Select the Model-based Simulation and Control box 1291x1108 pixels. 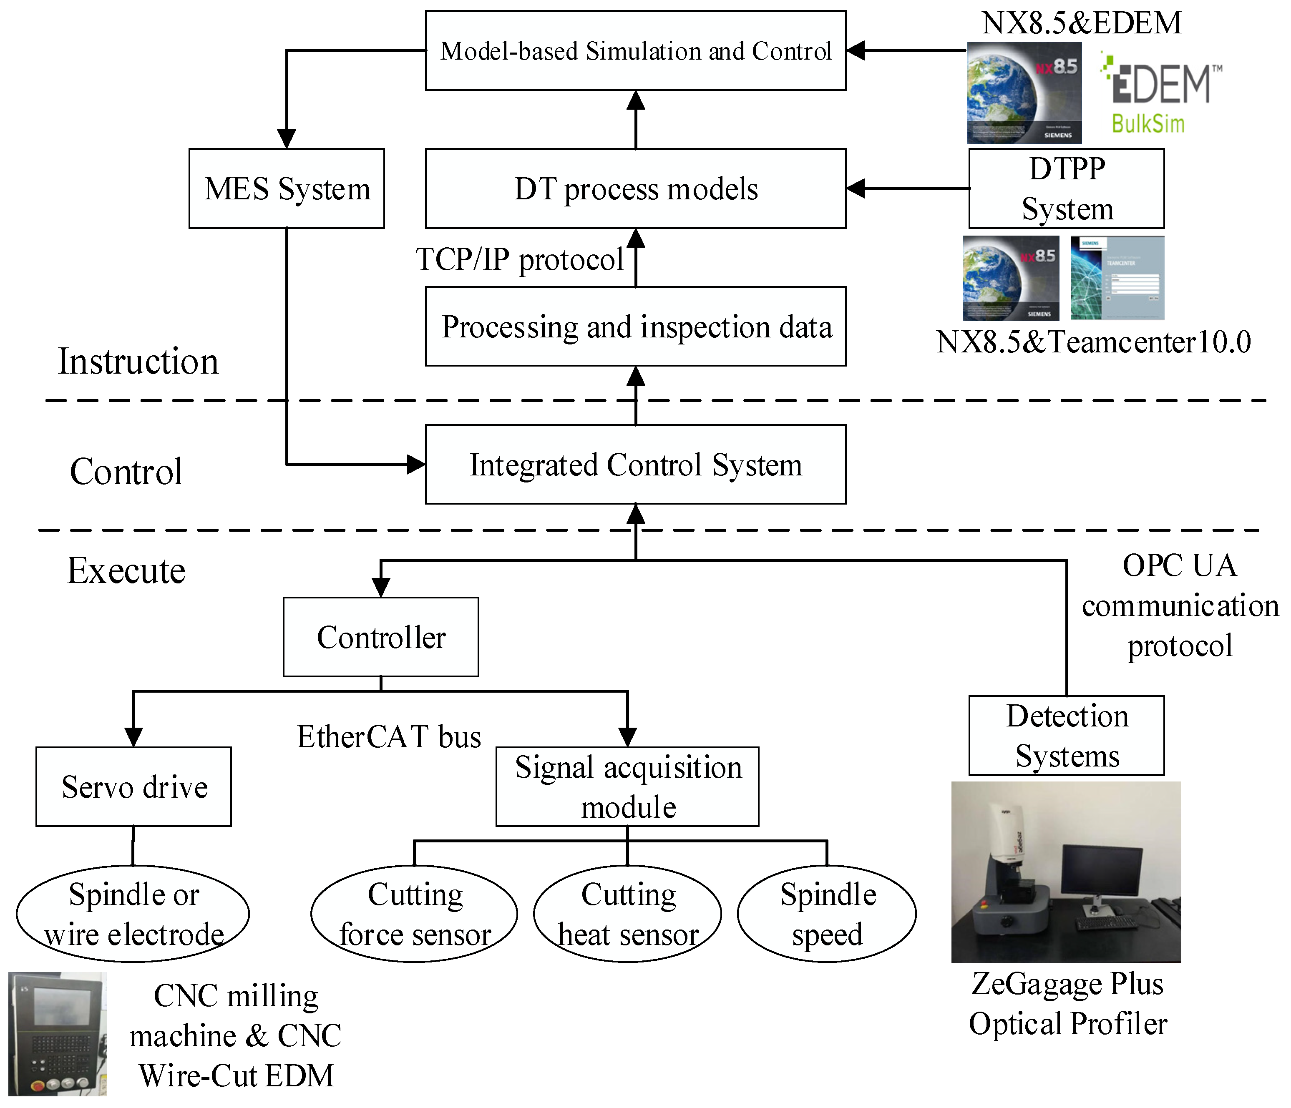click(636, 50)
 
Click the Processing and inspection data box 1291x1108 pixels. click(636, 327)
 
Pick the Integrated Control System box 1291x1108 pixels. click(636, 465)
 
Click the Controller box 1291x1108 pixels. click(381, 637)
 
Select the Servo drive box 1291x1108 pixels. click(133, 786)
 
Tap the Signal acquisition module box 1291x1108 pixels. click(627, 786)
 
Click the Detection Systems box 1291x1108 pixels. click(1066, 736)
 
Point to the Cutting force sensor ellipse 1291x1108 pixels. click(414, 914)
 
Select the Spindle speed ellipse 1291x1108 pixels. click(827, 914)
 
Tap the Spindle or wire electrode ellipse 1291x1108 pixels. click(133, 914)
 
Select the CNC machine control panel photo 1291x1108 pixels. click(57, 1034)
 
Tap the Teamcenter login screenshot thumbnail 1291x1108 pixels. click(1117, 278)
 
